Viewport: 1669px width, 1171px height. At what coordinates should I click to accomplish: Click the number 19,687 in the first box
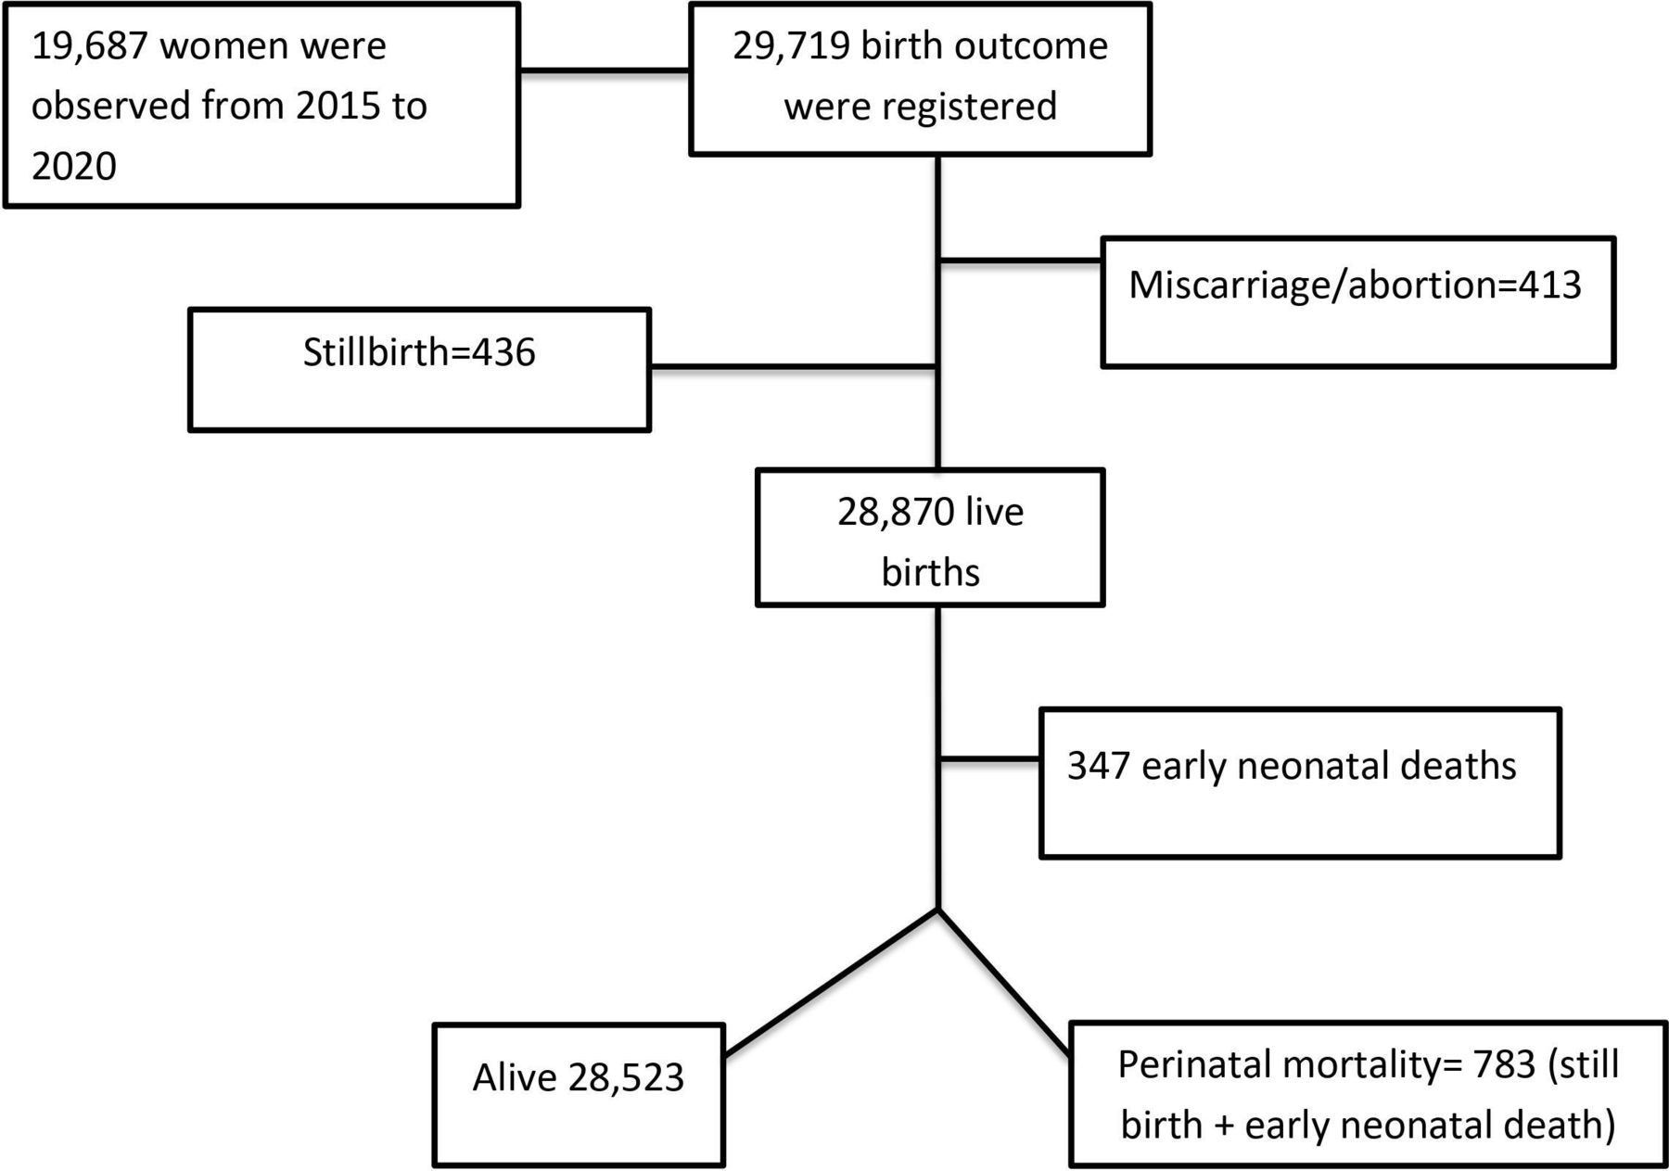(x=89, y=46)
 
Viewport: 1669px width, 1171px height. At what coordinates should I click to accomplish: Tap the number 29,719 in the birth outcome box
(x=790, y=46)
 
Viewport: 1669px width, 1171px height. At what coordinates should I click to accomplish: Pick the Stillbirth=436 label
(x=419, y=353)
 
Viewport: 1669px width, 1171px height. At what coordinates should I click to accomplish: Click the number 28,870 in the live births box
(x=895, y=513)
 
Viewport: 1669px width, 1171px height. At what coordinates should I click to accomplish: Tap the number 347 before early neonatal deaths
(x=1099, y=766)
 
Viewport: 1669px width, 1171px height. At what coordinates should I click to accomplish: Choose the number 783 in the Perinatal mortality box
(x=1503, y=1064)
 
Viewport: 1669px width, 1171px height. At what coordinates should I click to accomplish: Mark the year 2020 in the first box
(x=74, y=167)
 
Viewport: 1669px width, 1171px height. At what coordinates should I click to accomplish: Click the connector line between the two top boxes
(x=605, y=70)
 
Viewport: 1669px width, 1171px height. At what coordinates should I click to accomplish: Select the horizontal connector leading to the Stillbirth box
(x=794, y=368)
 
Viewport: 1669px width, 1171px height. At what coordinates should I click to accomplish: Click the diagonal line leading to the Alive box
(x=831, y=982)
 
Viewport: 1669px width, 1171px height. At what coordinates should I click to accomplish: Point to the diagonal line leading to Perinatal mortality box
(x=1004, y=983)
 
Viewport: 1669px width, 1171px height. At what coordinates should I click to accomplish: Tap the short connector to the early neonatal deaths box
(x=989, y=759)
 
